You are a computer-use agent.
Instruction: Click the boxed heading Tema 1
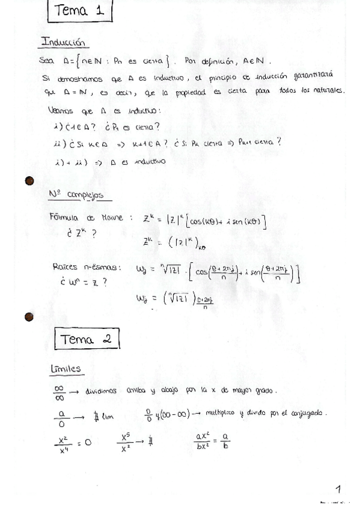pyautogui.click(x=79, y=11)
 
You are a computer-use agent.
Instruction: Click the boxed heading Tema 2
pyautogui.click(x=86, y=339)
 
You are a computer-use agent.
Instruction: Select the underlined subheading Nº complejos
pyautogui.click(x=76, y=195)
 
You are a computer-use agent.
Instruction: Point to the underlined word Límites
pyautogui.click(x=67, y=369)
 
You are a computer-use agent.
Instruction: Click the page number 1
pyautogui.click(x=338, y=490)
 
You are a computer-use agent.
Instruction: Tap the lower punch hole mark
pyautogui.click(x=28, y=316)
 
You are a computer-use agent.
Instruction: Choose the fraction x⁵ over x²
pyautogui.click(x=126, y=441)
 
